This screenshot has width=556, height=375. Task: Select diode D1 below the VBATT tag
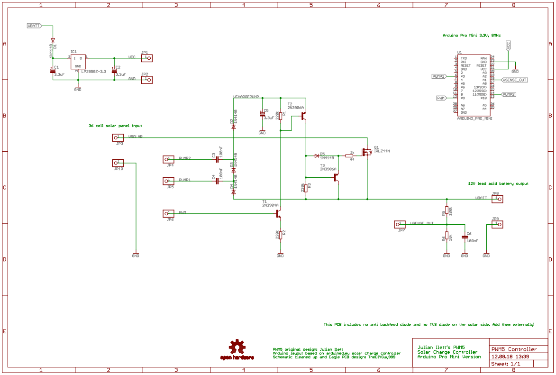(x=53, y=41)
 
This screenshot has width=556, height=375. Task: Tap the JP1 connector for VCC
(x=147, y=58)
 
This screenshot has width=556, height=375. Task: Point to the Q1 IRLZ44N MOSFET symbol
(x=366, y=152)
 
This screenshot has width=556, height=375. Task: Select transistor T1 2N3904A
(x=279, y=214)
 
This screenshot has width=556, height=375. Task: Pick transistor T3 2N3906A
(x=337, y=178)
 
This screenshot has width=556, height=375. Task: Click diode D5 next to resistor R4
(x=316, y=155)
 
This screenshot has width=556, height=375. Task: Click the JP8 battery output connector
(x=496, y=199)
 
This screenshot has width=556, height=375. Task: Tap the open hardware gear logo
(x=237, y=348)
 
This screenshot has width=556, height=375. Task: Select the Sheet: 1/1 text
(x=506, y=364)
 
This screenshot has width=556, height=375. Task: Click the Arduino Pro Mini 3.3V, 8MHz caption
(x=471, y=36)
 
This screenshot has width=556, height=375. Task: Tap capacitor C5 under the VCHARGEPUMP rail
(x=262, y=114)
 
